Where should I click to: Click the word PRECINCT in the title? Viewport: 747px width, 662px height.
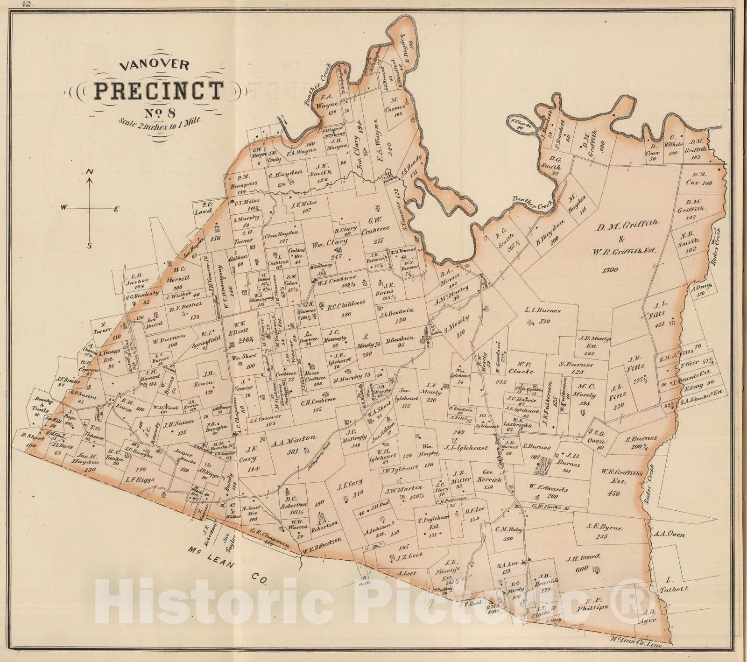coord(158,91)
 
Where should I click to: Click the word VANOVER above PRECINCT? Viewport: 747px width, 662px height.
coord(155,66)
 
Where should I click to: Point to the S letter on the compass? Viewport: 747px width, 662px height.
coord(90,246)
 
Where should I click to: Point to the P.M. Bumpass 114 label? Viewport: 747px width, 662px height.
coord(244,184)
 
